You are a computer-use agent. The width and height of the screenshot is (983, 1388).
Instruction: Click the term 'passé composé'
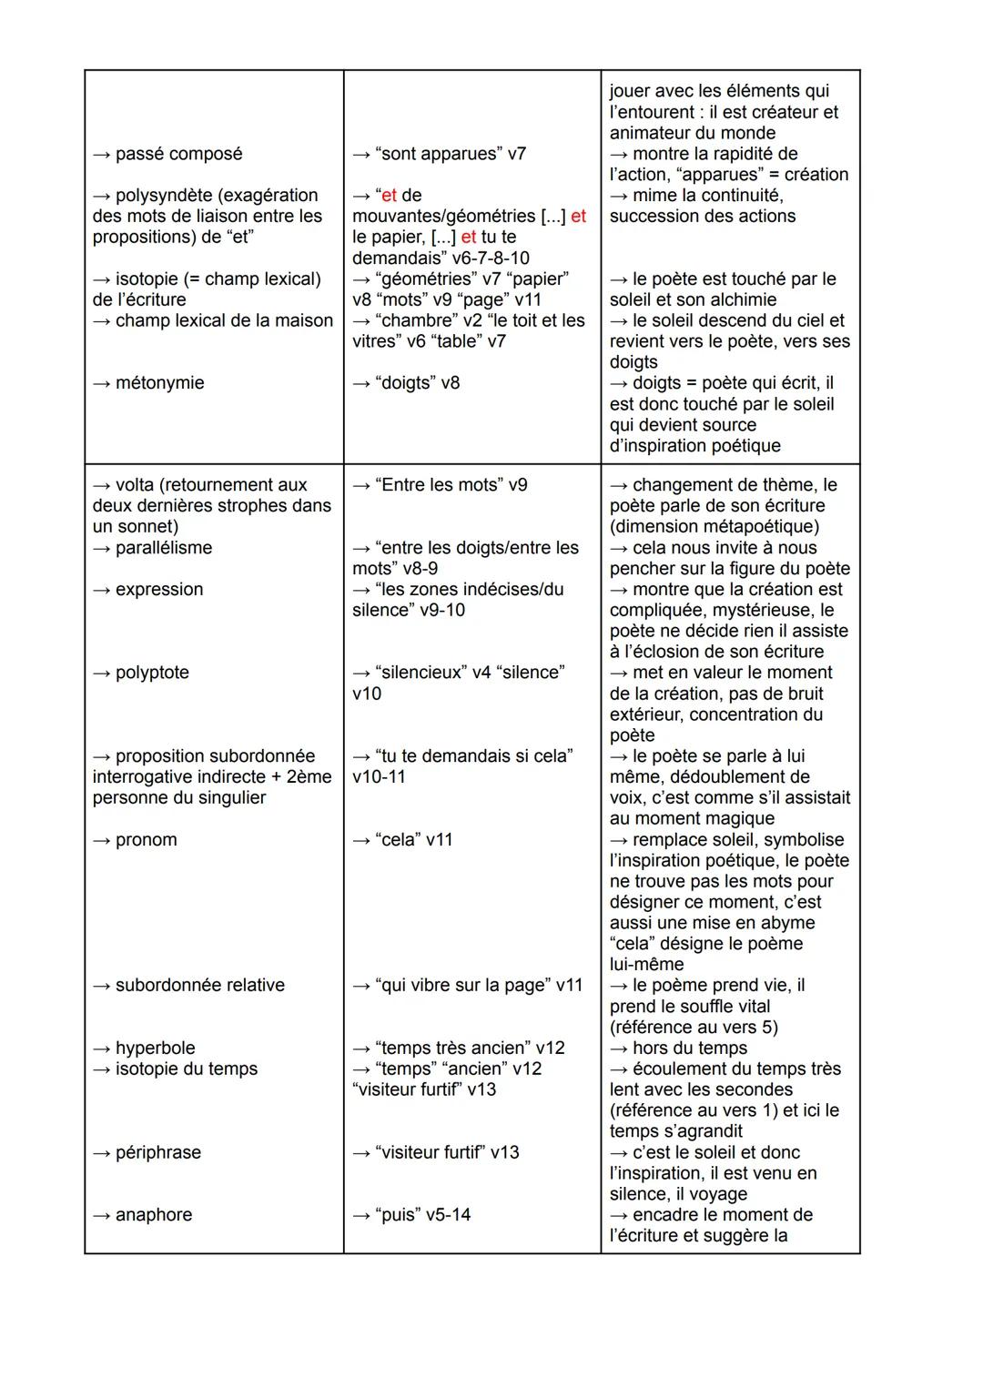pos(178,154)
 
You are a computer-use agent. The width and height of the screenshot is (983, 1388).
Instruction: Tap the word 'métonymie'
pos(159,383)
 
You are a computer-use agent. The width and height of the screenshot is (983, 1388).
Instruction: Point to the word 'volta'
pos(135,485)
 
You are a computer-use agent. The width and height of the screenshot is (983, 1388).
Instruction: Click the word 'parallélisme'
pos(164,548)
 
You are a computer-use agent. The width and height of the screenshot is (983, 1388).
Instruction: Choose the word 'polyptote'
pos(152,673)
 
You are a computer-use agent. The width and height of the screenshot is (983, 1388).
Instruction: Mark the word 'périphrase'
pos(158,1152)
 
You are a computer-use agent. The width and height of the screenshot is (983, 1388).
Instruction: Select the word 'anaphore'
pos(154,1215)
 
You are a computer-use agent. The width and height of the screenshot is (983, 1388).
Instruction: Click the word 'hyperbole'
pos(156,1049)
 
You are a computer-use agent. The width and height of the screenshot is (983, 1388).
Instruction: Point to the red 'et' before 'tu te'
pos(469,238)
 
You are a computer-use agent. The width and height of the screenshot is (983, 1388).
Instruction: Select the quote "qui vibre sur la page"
pos(463,986)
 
